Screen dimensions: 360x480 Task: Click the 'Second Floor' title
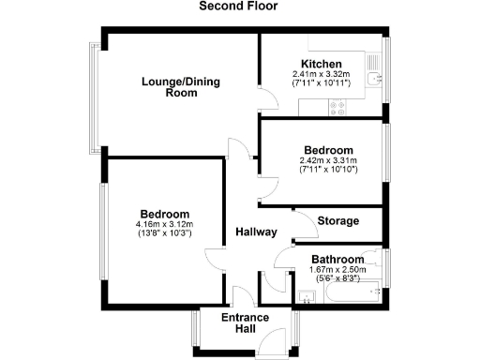[239, 7]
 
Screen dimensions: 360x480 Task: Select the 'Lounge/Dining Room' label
[169, 87]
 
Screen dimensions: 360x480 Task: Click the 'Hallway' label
[254, 232]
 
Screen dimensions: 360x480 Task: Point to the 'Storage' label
[338, 221]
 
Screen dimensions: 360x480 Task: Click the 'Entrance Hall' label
[245, 323]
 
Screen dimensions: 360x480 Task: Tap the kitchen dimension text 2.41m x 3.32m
[321, 74]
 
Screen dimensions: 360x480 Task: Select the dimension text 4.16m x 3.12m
[164, 225]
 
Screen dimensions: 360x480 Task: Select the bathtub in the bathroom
[352, 295]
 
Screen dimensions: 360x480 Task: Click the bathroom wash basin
[307, 297]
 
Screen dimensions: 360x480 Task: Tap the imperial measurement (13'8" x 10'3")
[164, 234]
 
